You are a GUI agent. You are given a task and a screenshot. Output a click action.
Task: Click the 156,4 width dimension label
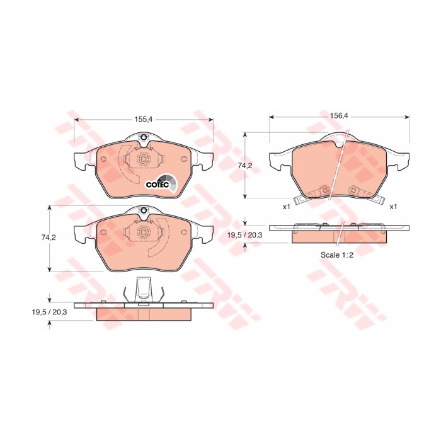339,115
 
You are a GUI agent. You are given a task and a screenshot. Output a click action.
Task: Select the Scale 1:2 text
338,256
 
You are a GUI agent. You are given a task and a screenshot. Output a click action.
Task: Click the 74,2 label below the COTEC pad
49,238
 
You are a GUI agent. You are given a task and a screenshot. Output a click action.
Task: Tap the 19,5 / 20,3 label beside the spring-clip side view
50,311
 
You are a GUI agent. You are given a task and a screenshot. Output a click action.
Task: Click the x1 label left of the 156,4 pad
286,206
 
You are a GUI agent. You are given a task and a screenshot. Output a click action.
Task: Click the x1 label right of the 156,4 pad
393,206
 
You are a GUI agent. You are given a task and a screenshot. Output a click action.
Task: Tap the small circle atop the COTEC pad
144,140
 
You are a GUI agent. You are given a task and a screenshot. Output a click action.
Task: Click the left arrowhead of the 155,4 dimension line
77,122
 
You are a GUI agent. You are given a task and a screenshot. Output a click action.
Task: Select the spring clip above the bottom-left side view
144,291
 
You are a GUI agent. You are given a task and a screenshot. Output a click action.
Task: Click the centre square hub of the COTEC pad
144,159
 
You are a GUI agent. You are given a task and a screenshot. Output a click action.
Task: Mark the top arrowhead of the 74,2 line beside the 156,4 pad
246,134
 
